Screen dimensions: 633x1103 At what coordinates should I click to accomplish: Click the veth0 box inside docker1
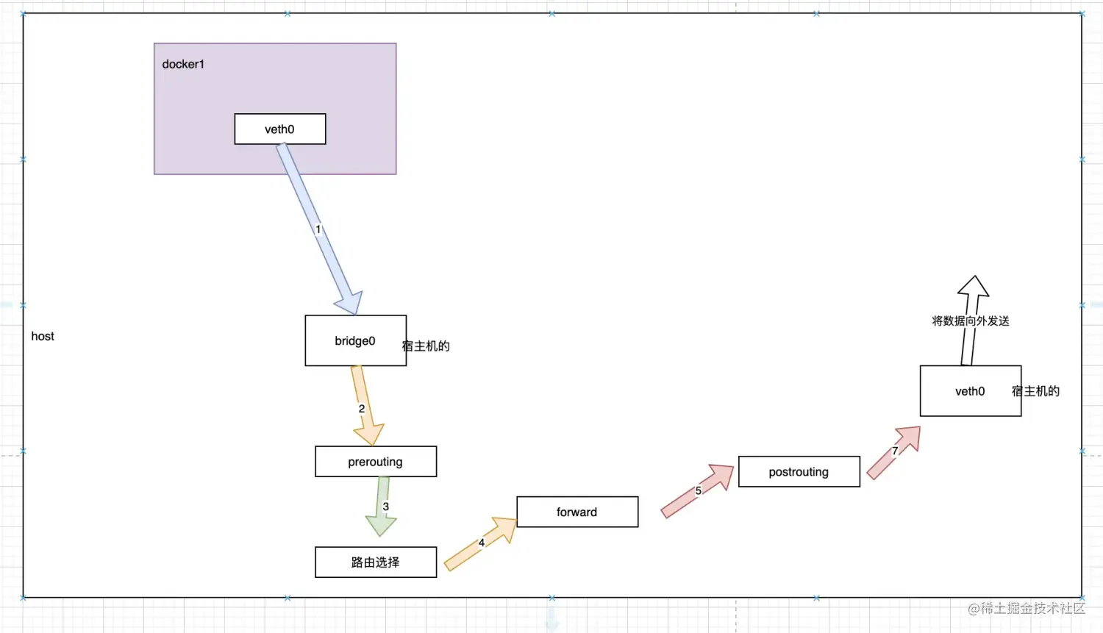coord(279,129)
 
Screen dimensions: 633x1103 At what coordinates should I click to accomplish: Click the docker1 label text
coord(183,65)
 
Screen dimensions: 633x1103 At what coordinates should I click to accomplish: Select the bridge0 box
coord(355,341)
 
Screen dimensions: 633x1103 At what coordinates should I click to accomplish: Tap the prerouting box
coord(375,462)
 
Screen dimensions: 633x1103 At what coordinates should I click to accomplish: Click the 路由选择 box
coord(375,562)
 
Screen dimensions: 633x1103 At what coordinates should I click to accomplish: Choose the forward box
coord(577,512)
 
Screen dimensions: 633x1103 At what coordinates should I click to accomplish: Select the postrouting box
coord(799,472)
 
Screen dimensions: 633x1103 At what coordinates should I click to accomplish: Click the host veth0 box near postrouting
coord(969,391)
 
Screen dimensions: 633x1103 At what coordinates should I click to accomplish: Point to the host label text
coord(43,337)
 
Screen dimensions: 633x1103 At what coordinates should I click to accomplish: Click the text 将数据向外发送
coord(970,321)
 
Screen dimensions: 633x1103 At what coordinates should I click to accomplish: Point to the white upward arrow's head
coord(974,286)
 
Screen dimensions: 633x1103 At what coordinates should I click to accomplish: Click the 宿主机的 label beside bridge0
coord(426,346)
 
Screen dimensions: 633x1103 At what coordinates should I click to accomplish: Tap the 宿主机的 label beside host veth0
coord(1035,391)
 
